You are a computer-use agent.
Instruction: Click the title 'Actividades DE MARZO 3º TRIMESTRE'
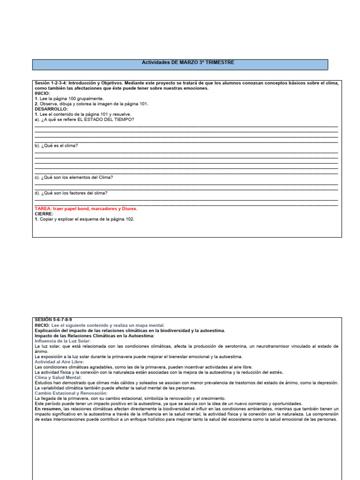[x=187, y=62]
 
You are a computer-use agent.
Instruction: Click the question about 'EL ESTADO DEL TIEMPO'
[x=84, y=119]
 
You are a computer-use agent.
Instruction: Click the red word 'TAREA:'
[x=43, y=209]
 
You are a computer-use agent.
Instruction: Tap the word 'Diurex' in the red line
[x=128, y=209]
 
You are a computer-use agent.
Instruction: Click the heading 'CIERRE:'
[x=44, y=214]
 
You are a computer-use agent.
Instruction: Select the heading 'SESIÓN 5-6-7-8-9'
[x=53, y=319]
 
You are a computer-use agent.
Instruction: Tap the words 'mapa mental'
[x=151, y=325]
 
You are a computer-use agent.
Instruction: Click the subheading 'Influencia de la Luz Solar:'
[x=63, y=341]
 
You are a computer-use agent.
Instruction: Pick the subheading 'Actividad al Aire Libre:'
[x=60, y=362]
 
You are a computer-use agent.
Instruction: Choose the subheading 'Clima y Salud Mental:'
[x=58, y=377]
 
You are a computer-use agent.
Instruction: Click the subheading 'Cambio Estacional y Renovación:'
[x=71, y=393]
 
